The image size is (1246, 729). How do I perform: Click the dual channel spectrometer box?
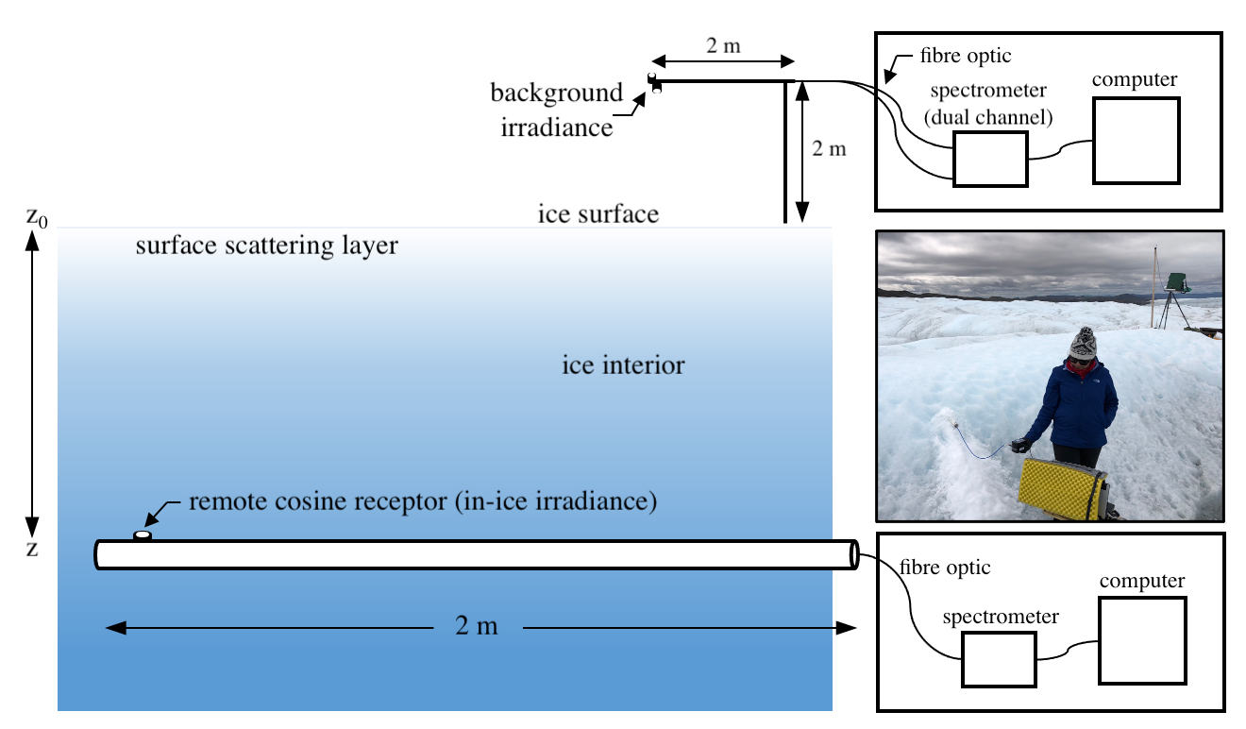click(x=989, y=159)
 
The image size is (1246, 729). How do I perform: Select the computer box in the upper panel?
click(x=1136, y=140)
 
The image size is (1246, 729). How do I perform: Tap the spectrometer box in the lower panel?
click(x=999, y=658)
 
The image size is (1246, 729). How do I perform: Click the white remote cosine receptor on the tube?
click(x=143, y=535)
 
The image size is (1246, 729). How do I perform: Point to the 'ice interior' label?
click(x=623, y=364)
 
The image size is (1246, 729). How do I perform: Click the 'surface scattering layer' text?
click(x=266, y=246)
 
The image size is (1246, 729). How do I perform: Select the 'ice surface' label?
click(x=598, y=213)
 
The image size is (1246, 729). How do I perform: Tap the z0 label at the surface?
click(x=37, y=218)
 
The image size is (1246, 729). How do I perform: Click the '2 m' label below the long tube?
click(x=476, y=626)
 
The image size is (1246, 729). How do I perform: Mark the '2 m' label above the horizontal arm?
click(x=722, y=45)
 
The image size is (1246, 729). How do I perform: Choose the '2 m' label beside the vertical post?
click(x=830, y=148)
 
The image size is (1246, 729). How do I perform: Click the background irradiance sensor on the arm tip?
click(x=653, y=83)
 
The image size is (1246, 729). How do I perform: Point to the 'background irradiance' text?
click(x=556, y=110)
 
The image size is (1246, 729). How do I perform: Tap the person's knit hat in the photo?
click(x=1083, y=340)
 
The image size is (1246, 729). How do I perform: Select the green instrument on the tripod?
click(x=1176, y=280)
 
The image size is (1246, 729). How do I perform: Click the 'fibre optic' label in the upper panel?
click(x=964, y=56)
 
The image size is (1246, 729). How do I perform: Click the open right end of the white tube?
click(x=854, y=554)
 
